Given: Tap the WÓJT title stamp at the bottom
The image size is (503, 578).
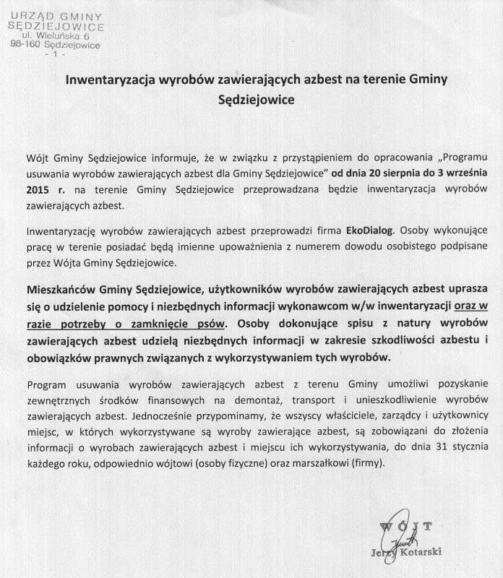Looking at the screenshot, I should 410,525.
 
